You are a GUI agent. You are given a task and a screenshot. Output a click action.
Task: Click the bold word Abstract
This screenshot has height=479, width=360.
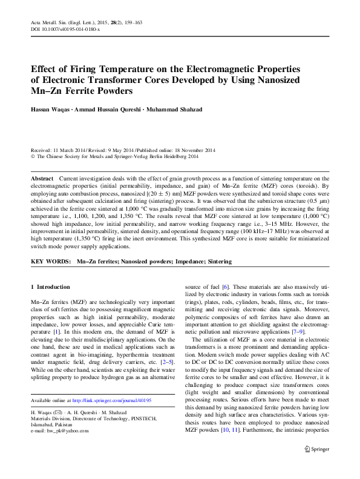point(42,180)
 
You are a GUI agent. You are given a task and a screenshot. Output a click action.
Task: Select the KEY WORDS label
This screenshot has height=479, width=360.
point(48,261)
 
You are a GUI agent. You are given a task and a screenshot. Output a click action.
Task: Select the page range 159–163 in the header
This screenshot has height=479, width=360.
point(129,22)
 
